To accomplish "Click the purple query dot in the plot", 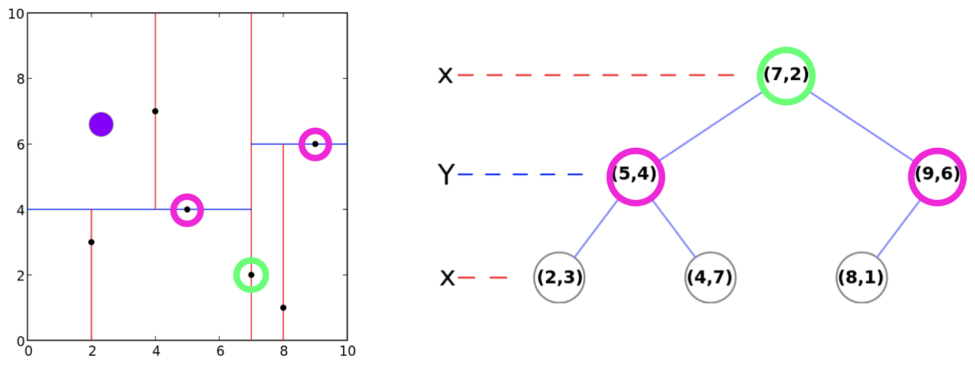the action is (101, 124).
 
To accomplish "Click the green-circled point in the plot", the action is (251, 275).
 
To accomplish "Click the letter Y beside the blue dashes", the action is (446, 174).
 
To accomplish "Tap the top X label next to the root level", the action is (445, 76).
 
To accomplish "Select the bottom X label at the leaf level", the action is (447, 279).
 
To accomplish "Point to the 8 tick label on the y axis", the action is (20, 79).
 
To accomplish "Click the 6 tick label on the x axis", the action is (220, 351).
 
